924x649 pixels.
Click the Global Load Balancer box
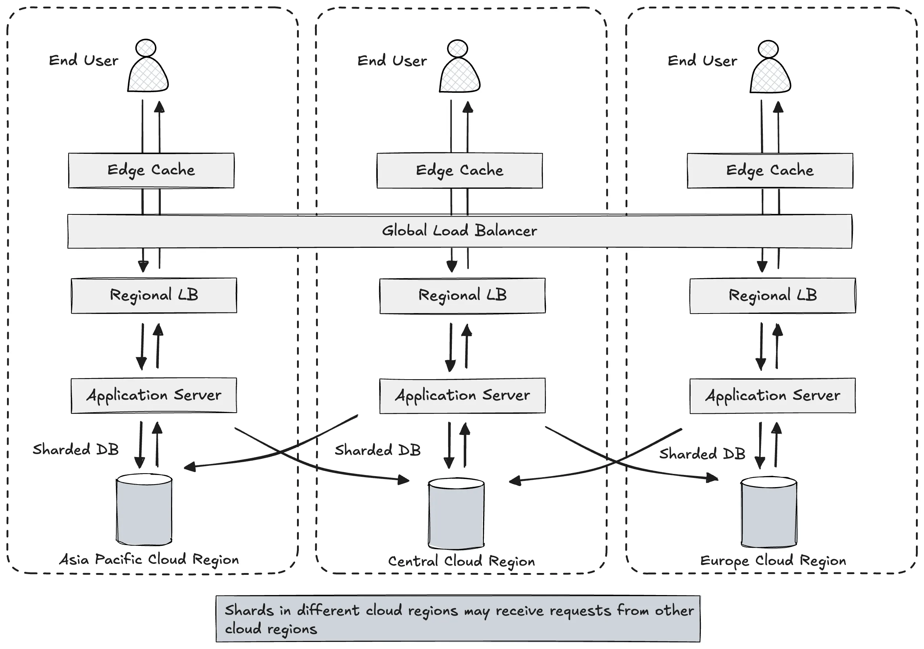point(460,231)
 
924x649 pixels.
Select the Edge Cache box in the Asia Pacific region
point(151,170)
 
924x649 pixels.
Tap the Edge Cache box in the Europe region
point(769,171)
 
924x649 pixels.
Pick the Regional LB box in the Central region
point(463,296)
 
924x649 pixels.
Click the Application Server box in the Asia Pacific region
point(154,395)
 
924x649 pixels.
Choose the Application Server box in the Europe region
point(772,395)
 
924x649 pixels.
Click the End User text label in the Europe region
point(702,61)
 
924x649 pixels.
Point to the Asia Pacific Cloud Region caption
point(149,559)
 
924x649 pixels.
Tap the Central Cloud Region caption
point(461,561)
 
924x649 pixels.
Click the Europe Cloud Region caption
point(773,561)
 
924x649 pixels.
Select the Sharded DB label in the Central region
point(377,450)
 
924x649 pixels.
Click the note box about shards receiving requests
point(458,619)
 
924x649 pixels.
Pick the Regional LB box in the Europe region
point(772,296)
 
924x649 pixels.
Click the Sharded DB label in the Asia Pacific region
point(76,449)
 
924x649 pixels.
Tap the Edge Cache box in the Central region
point(460,171)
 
